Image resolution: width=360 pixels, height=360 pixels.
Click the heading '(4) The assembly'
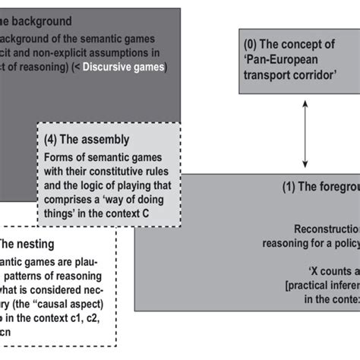click(87, 140)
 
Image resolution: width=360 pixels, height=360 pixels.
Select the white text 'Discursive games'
click(124, 68)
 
